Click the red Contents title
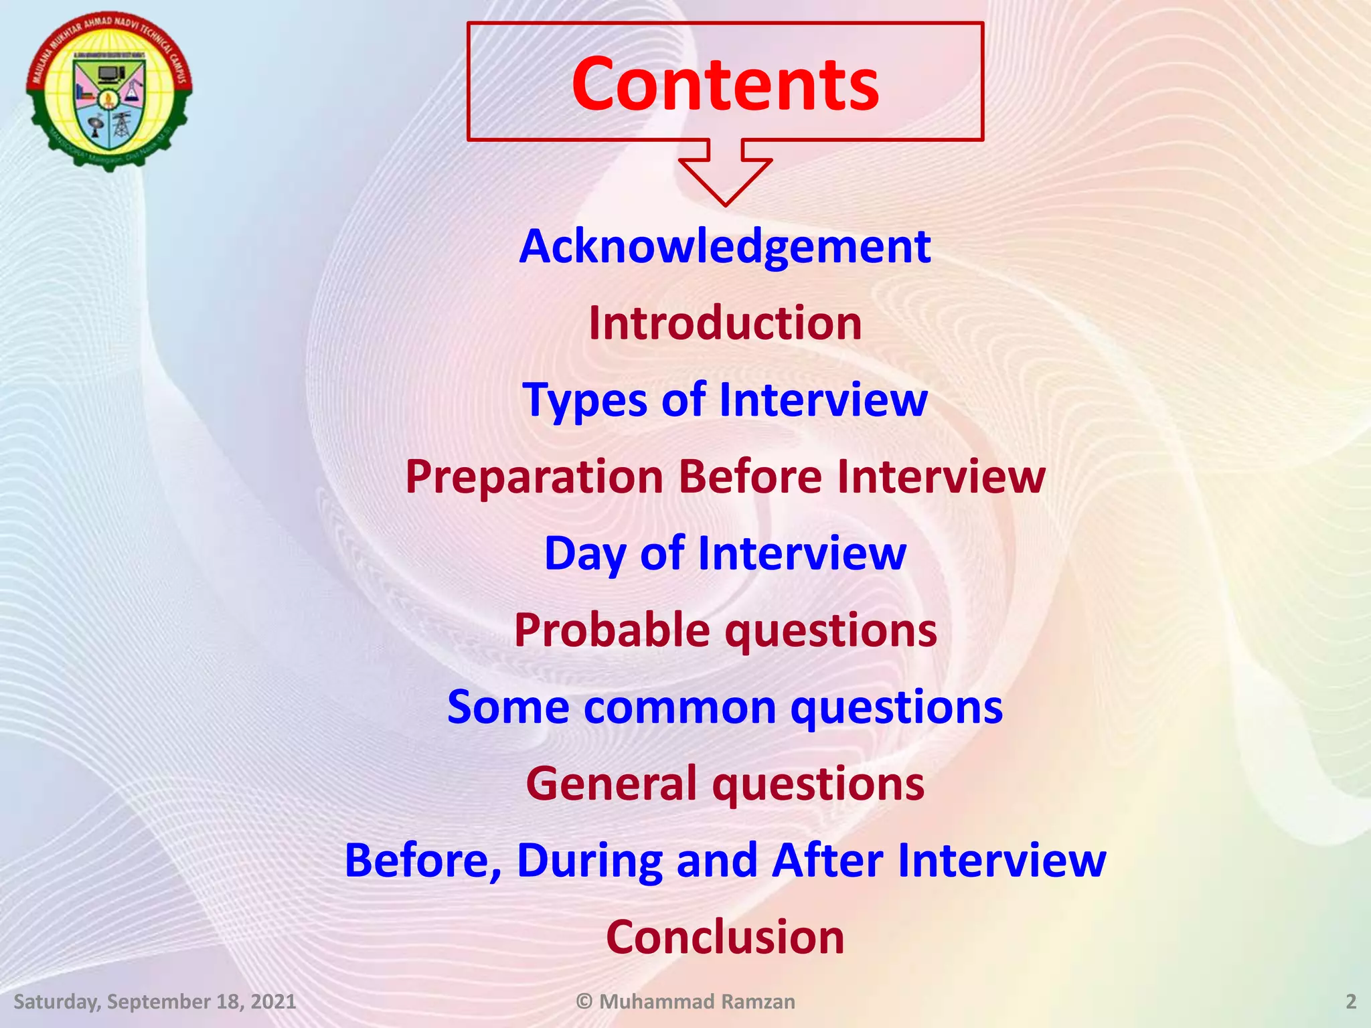point(725,85)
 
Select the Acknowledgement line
point(725,247)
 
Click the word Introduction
point(725,323)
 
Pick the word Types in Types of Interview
point(582,400)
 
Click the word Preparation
point(534,477)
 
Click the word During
point(589,861)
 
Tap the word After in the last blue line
point(827,861)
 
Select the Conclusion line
point(725,937)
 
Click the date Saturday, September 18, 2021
point(155,1002)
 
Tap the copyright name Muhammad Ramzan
point(696,1002)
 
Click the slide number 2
point(1351,1002)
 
